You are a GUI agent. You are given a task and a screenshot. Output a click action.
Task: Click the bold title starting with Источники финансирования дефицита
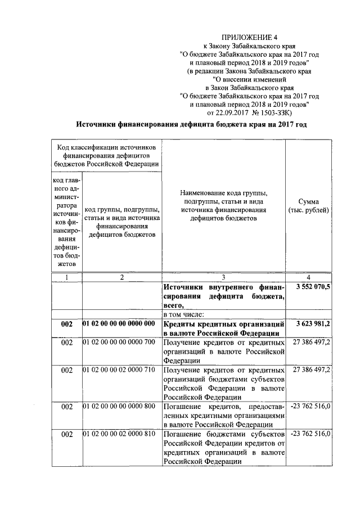tap(192, 125)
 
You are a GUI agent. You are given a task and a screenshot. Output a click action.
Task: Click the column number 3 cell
tap(223, 277)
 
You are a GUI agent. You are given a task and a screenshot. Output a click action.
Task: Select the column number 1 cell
tap(66, 277)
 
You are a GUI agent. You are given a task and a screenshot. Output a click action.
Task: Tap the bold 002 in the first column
tap(66, 325)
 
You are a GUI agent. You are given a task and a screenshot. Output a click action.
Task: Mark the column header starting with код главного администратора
tap(66, 221)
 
